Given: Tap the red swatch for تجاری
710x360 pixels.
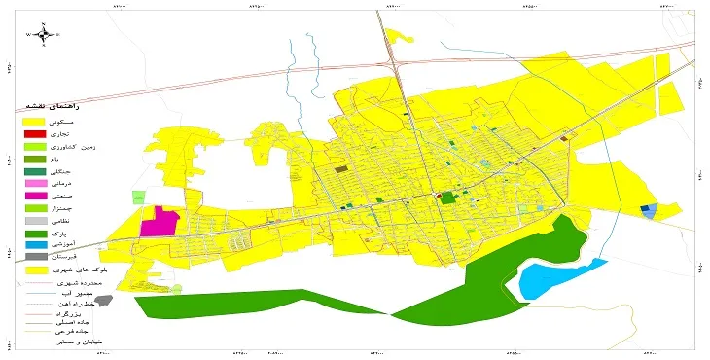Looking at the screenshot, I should point(35,133).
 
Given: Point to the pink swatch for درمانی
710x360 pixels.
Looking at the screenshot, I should point(35,183).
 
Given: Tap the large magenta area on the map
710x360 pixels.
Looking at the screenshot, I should point(160,222).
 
